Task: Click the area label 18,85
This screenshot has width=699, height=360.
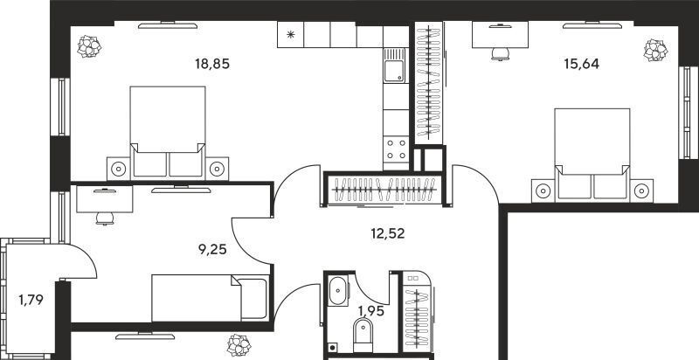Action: click(212, 64)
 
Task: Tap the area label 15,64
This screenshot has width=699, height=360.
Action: click(581, 64)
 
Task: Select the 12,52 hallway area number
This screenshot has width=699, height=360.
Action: click(388, 233)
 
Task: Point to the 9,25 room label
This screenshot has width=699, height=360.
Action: click(212, 250)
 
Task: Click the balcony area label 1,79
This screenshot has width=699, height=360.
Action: click(31, 300)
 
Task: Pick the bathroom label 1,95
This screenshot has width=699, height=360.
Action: click(371, 311)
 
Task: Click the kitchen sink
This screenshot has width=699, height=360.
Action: click(395, 66)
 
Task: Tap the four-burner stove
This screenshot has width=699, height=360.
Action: click(396, 149)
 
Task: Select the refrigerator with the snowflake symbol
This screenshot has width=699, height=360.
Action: click(290, 34)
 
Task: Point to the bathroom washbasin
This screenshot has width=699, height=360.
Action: click(337, 291)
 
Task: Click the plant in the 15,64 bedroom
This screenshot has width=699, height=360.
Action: click(655, 50)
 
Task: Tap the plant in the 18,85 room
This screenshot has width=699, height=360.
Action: click(89, 46)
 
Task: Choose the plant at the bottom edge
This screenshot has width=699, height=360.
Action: click(239, 345)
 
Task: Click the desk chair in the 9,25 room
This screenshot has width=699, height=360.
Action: click(104, 218)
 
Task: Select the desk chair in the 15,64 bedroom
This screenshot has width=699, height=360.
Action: click(500, 54)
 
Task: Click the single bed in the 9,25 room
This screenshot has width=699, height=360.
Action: click(211, 298)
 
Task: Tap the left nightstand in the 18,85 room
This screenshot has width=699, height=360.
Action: click(119, 169)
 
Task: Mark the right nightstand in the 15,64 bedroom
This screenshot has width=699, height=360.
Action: click(641, 190)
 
